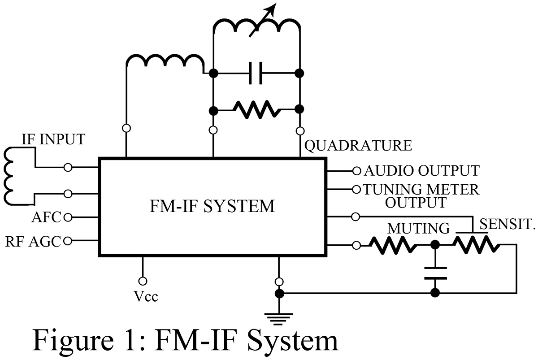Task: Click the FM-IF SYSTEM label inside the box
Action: pos(212,206)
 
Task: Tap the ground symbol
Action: pos(279,319)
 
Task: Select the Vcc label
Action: pos(146,297)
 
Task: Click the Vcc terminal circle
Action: pos(143,281)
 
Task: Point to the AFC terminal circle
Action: pos(68,217)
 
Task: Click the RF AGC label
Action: pos(33,242)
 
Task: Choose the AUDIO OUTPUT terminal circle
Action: pos(357,171)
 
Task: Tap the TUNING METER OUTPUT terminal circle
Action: pos(356,190)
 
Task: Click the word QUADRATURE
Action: pos(358,146)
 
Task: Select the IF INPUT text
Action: pos(53,139)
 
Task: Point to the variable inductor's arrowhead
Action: pos(272,9)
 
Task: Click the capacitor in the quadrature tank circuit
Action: pos(256,73)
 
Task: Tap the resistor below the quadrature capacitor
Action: pos(256,110)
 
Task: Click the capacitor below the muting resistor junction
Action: pos(435,273)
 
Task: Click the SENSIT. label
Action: pos(507,224)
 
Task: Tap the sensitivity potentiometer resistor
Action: pos(477,244)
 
